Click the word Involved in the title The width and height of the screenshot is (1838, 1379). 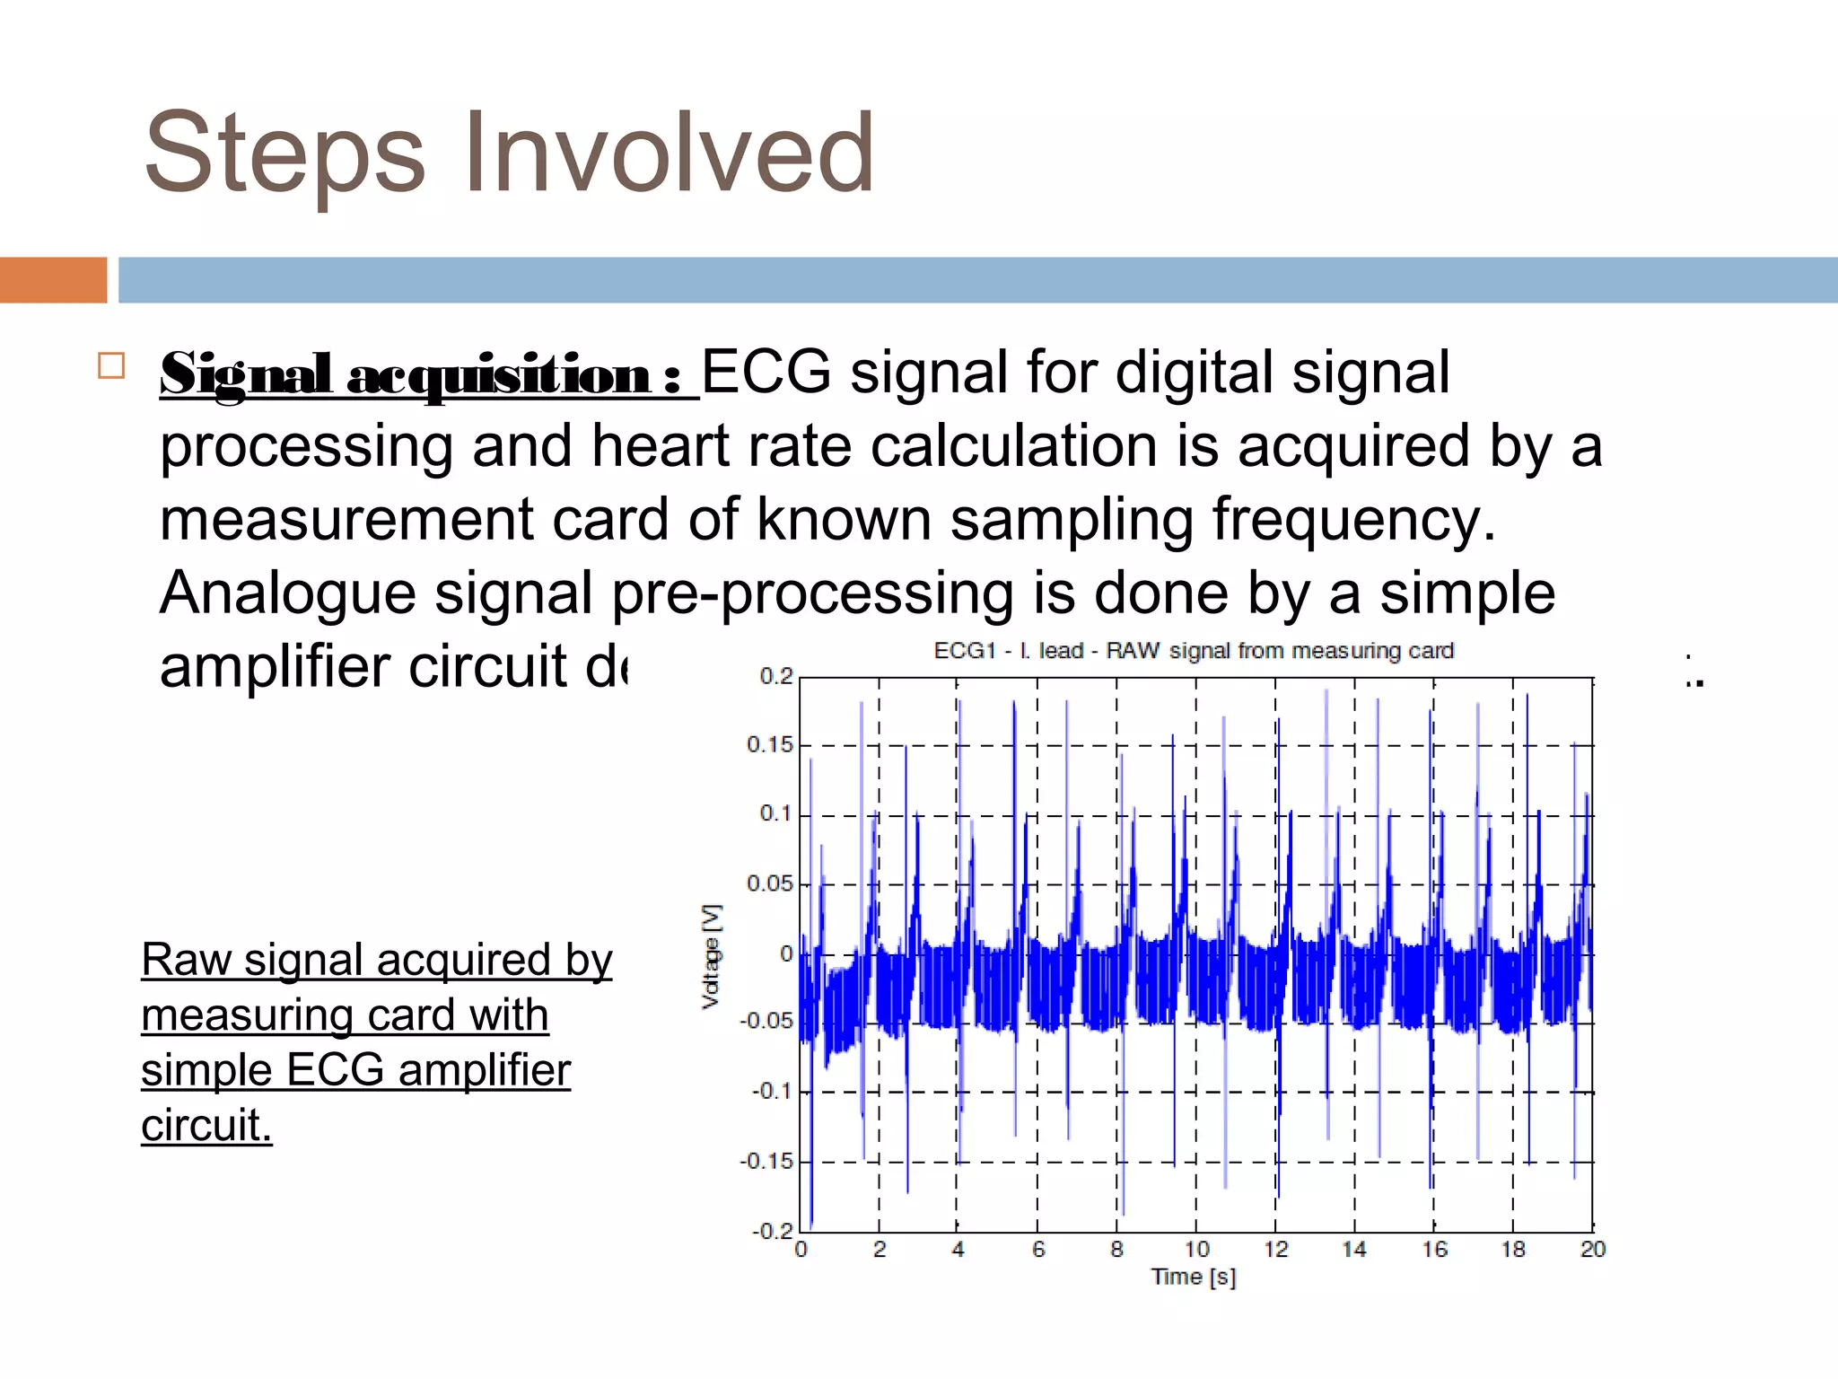[x=669, y=153]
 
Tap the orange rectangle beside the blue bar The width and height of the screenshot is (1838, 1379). [x=53, y=280]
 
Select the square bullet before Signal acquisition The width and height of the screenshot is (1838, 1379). [x=111, y=366]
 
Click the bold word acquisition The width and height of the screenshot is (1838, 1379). [x=499, y=375]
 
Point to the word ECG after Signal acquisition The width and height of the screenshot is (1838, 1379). [x=766, y=372]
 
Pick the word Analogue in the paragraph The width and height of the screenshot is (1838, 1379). [x=287, y=594]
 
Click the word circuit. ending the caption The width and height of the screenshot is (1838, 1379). [x=206, y=1126]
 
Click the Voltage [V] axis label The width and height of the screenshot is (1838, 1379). [x=711, y=956]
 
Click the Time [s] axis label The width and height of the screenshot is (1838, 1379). [x=1194, y=1277]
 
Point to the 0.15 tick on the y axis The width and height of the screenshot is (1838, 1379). [x=770, y=745]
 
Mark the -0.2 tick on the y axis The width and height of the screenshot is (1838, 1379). [x=773, y=1231]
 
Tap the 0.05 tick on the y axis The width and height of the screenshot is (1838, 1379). [x=770, y=884]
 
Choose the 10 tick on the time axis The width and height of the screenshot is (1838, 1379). [x=1196, y=1250]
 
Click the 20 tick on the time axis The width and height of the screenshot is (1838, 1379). [x=1592, y=1250]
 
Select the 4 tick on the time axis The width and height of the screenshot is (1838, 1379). [x=958, y=1250]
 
